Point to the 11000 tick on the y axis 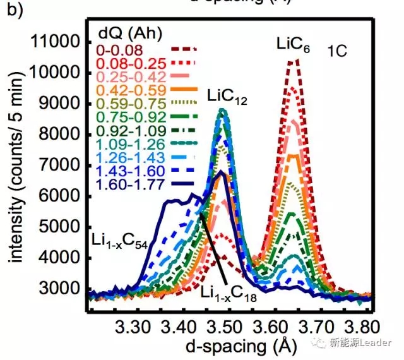pyautogui.click(x=57, y=43)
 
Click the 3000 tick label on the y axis pyautogui.click(x=61, y=289)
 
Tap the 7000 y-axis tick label pyautogui.click(x=61, y=166)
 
